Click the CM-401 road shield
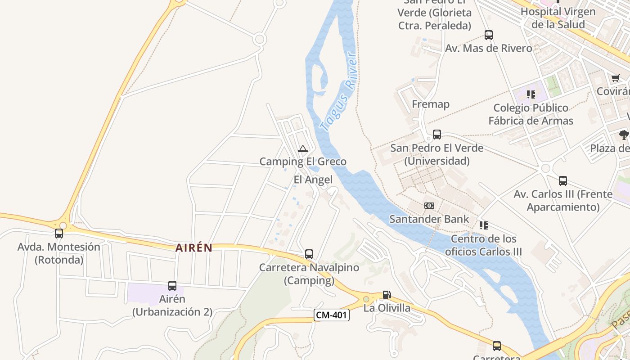332,315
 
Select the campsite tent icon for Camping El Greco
303,149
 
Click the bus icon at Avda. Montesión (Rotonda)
59,234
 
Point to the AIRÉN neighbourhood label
193,248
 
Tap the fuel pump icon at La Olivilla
387,295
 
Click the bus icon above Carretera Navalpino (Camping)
309,254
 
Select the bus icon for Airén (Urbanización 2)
172,286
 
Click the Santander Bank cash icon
429,206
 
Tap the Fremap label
431,104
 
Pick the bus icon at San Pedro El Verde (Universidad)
437,135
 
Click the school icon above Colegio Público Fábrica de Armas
531,94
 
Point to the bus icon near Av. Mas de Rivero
489,35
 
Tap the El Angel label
313,180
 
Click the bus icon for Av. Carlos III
563,181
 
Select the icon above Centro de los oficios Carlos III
484,225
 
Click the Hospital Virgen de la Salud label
558,18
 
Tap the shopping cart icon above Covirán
616,78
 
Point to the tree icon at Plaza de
624,135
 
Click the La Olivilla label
387,308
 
